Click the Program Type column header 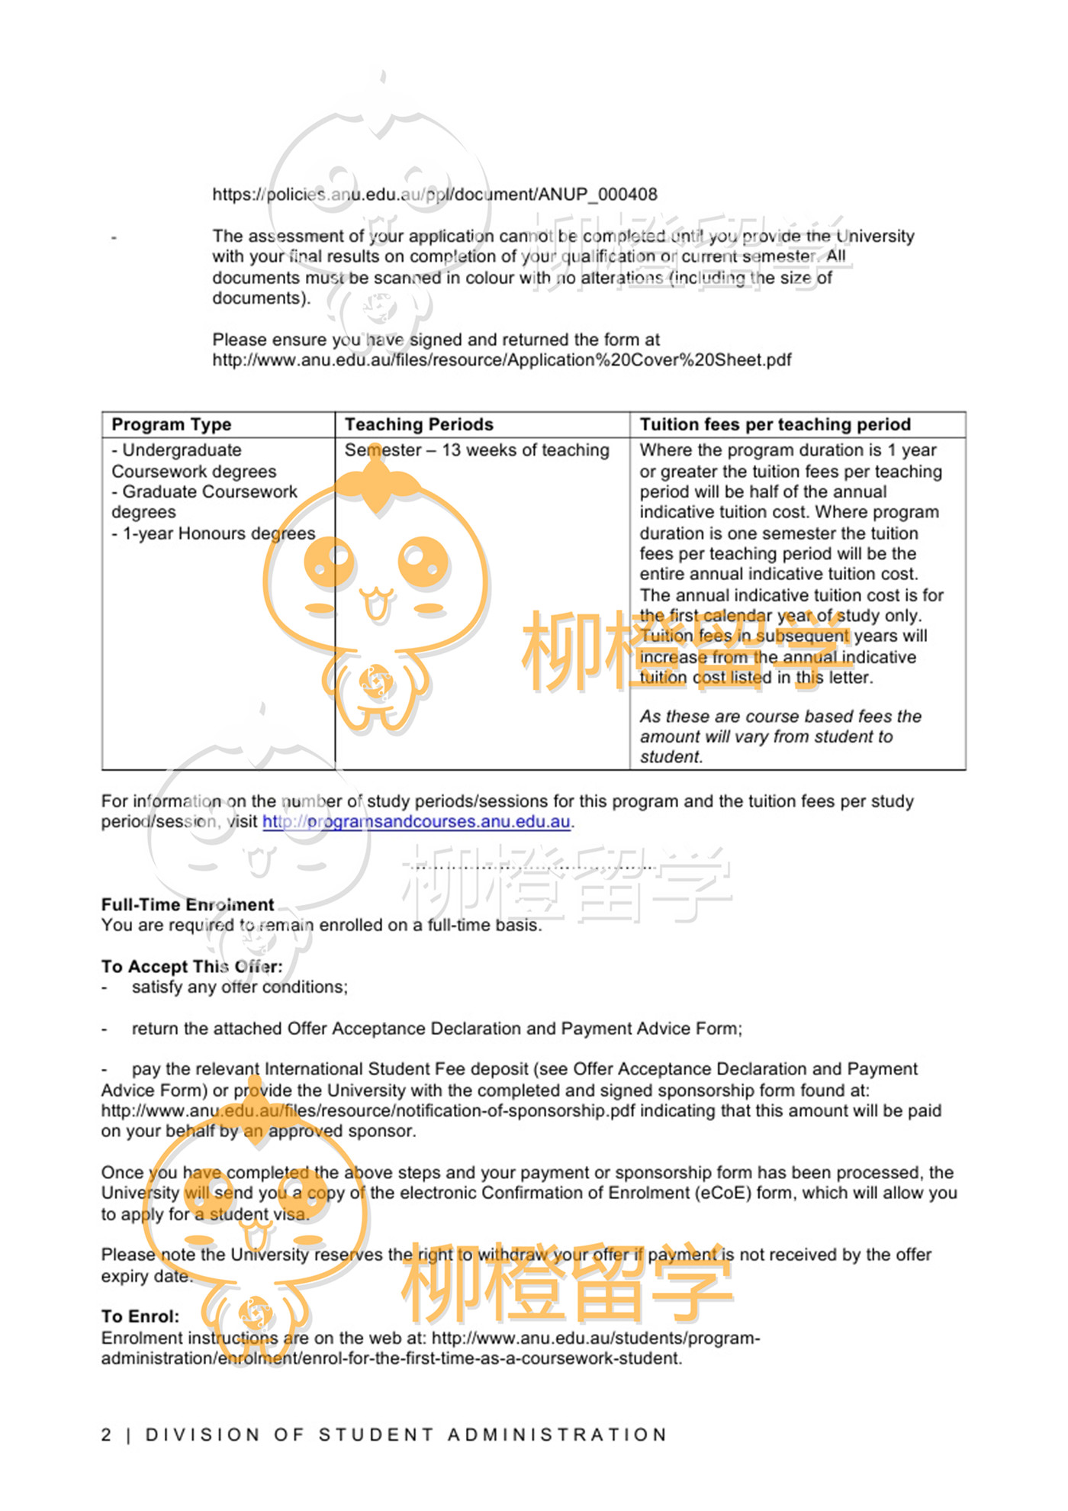click(x=171, y=424)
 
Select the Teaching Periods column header click(x=418, y=424)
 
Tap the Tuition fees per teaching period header click(x=774, y=424)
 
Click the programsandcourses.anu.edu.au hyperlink click(x=417, y=822)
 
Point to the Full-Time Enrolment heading click(x=187, y=904)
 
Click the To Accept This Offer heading click(x=191, y=966)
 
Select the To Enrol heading click(x=140, y=1316)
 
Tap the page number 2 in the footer click(x=106, y=1435)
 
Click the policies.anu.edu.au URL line click(x=434, y=195)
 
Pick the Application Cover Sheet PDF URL click(x=501, y=360)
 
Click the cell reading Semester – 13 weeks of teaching click(x=476, y=450)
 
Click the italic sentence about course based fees click(x=780, y=736)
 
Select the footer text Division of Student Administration click(x=406, y=1435)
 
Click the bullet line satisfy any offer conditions click(x=239, y=987)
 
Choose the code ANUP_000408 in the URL click(x=597, y=195)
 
